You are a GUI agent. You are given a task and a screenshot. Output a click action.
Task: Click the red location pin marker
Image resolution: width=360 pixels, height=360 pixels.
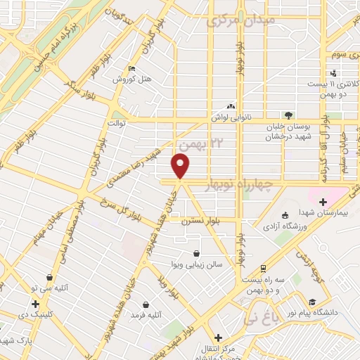(x=181, y=167)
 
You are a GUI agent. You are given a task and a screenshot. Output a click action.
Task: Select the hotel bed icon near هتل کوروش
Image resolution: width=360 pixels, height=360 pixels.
(x=132, y=68)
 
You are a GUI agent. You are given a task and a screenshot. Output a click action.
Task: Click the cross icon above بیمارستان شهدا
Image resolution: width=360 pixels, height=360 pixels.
(x=323, y=202)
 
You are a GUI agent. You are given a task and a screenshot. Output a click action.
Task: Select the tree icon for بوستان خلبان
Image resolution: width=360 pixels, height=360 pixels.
(x=288, y=115)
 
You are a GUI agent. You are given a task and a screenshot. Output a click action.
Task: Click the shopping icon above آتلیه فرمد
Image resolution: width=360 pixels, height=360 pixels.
(x=146, y=304)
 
